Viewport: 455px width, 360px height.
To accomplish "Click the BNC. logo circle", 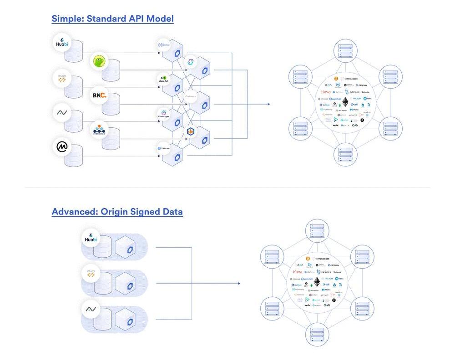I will [99, 95].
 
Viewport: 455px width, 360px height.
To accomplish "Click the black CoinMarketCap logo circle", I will [62, 147].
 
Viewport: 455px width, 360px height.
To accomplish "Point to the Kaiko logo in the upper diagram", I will [62, 78].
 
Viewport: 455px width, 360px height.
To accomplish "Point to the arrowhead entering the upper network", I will [268, 104].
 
